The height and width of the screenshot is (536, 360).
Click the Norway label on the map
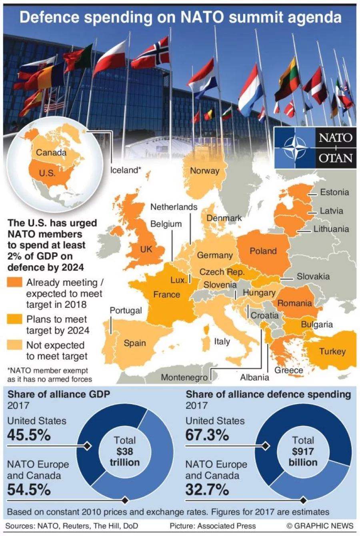[204, 171]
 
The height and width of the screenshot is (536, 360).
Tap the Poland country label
[263, 251]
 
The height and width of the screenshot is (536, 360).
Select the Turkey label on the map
[332, 351]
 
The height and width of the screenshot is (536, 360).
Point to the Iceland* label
[126, 170]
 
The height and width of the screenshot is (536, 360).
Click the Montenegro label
[184, 377]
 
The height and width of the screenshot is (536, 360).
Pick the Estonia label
[334, 192]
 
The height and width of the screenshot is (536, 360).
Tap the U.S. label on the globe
[47, 173]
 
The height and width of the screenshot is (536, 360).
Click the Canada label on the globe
[51, 153]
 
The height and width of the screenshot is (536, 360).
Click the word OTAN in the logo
[335, 158]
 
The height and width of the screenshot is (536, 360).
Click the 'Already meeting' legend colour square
[15, 283]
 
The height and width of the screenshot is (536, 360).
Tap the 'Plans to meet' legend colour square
[15, 319]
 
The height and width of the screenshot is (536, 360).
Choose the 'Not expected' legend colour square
[15, 345]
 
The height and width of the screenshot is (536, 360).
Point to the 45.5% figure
[29, 435]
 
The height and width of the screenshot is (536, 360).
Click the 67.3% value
[207, 435]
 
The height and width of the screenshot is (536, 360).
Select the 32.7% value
[207, 489]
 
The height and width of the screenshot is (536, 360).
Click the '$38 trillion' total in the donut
[125, 457]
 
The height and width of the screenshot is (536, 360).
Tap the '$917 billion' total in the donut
[303, 457]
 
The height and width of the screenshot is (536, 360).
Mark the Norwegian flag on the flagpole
[151, 54]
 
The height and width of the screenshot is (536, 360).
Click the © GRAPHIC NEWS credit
[320, 526]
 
